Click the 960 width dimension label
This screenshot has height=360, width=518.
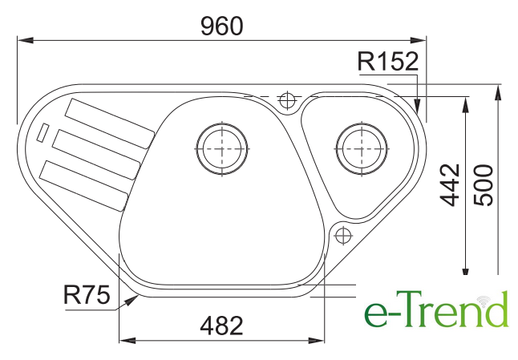221,26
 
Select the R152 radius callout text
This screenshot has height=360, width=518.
388,62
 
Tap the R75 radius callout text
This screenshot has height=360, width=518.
87,295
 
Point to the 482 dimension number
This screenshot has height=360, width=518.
221,326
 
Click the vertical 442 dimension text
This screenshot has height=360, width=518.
450,185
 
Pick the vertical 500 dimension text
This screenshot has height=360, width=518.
483,185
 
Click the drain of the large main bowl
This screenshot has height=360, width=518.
221,148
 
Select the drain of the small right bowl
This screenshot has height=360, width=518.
362,148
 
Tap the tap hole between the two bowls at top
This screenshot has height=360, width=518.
287,99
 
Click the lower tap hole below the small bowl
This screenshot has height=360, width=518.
343,236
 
